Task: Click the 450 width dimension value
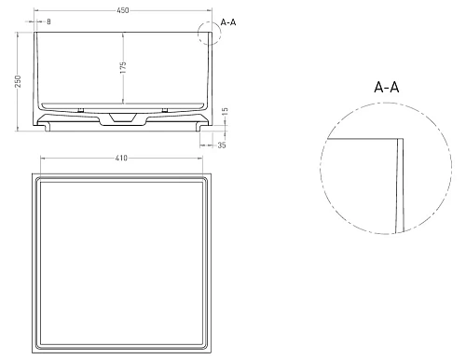tap(122, 9)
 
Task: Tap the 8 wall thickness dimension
tap(48, 21)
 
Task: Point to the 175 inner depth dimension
tap(124, 68)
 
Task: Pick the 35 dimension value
tap(221, 145)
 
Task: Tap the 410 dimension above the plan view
tap(122, 159)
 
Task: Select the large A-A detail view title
tap(388, 87)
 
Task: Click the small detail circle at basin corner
tap(210, 34)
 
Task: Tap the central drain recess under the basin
tap(122, 118)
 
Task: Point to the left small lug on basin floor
tap(81, 110)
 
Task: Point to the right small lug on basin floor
tap(164, 110)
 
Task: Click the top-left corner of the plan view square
tap(34, 173)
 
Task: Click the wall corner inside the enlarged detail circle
tap(401, 140)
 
